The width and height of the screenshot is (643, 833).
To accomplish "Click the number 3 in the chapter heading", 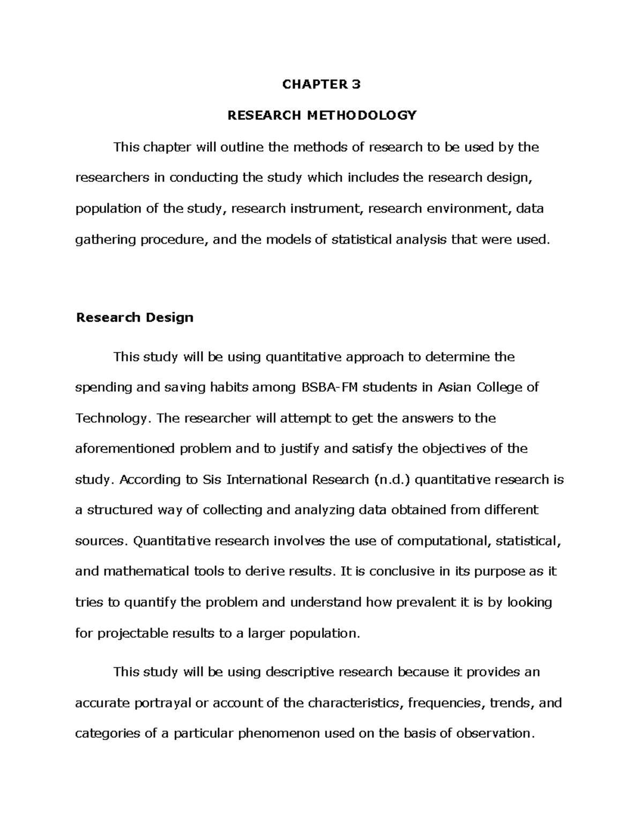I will (x=356, y=84).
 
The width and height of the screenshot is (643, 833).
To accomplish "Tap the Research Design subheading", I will (x=134, y=318).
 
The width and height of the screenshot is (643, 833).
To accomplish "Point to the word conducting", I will (x=203, y=178).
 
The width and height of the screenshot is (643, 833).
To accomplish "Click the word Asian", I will (x=455, y=387).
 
